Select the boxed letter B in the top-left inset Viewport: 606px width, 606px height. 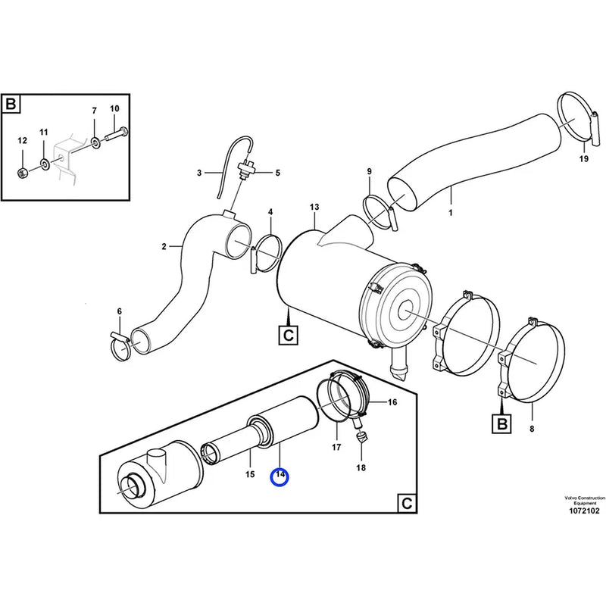tap(11, 104)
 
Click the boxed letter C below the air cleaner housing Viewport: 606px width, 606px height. tap(289, 334)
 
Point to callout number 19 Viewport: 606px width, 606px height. tap(583, 159)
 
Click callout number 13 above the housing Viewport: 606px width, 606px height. tap(314, 207)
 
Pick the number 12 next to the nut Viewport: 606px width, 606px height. tap(22, 140)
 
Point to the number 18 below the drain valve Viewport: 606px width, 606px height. tap(361, 468)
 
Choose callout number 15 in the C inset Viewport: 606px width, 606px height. tap(249, 474)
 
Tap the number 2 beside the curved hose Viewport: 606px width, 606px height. tap(164, 245)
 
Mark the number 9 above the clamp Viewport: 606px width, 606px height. tap(369, 172)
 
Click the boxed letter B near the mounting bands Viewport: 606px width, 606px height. tap(501, 424)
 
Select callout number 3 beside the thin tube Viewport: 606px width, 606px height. tap(199, 173)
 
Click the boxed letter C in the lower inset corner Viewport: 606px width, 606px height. tap(406, 503)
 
